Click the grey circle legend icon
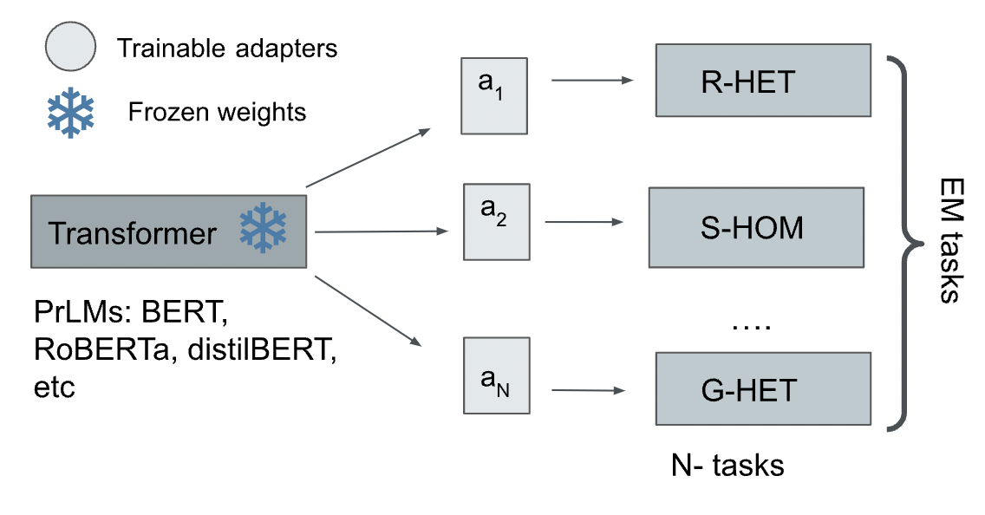tap(68, 49)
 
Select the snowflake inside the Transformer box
tap(263, 230)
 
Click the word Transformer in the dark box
tap(133, 233)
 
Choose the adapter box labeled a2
tap(495, 221)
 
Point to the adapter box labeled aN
tap(496, 378)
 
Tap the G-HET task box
tap(762, 388)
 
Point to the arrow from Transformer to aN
tap(369, 312)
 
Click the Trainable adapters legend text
tap(227, 48)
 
